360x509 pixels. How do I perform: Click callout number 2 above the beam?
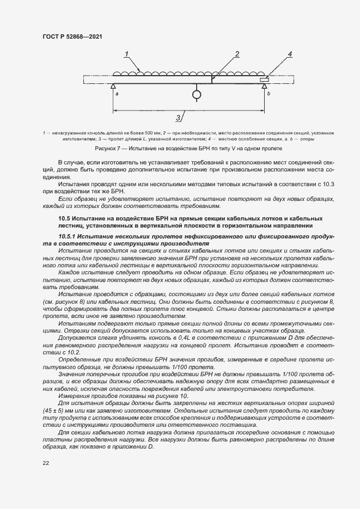pos(237,54)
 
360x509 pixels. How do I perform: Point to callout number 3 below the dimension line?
pos(179,118)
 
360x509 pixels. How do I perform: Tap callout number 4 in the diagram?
pos(290,54)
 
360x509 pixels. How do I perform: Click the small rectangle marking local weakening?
pos(264,80)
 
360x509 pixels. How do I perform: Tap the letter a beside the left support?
pos(117,94)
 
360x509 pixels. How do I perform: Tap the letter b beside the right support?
pos(268,94)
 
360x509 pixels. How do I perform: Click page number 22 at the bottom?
pos(45,463)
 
